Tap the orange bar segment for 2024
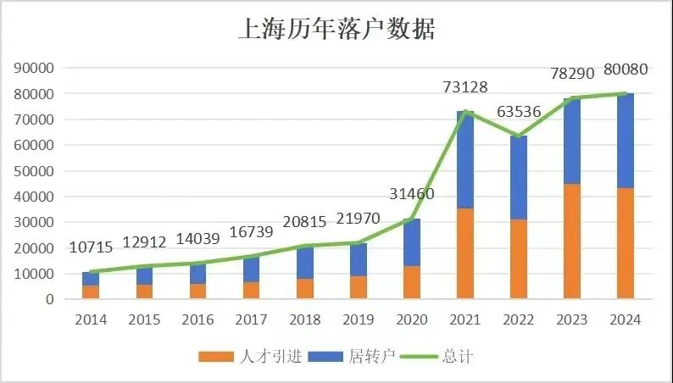coord(626,243)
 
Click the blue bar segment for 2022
coord(519,177)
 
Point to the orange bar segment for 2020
coord(412,282)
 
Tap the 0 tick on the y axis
coord(50,300)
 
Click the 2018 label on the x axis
coord(304,320)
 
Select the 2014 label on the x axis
coord(91,320)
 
